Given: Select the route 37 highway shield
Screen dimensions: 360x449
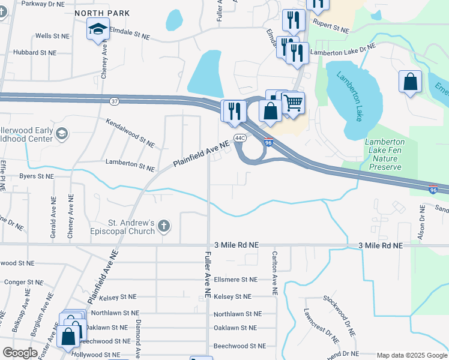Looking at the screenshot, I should pos(115,101).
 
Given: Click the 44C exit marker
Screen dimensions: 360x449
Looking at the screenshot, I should pos(240,138).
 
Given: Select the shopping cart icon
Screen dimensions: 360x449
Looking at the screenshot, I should pos(292,103).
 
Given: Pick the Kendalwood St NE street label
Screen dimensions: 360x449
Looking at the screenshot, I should pos(130,132).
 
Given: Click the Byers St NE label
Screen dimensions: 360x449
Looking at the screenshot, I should pos(36,176).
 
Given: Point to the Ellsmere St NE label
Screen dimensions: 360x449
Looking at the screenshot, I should pos(235,280).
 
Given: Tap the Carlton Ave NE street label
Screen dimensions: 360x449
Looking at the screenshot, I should pos(274,273).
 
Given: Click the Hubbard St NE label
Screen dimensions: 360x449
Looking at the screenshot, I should pos(34,53).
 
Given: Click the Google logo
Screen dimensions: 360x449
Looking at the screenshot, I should pos(20,352).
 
